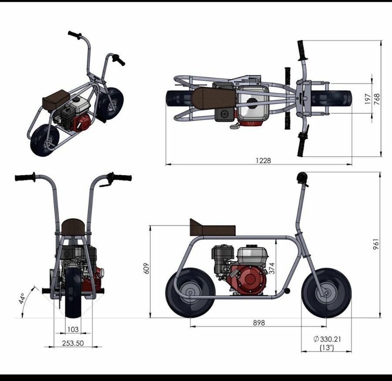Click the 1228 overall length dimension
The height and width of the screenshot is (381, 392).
[263, 160]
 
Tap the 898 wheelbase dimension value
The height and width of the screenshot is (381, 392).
[259, 323]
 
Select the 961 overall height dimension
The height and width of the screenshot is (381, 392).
[376, 244]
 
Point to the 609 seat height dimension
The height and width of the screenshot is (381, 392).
[146, 268]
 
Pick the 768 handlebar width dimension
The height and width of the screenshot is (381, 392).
[377, 99]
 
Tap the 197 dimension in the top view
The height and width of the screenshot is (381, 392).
[368, 99]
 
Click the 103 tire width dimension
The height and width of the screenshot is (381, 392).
[73, 330]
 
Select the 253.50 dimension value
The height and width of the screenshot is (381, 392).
[73, 343]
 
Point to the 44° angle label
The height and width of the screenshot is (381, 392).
[22, 299]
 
